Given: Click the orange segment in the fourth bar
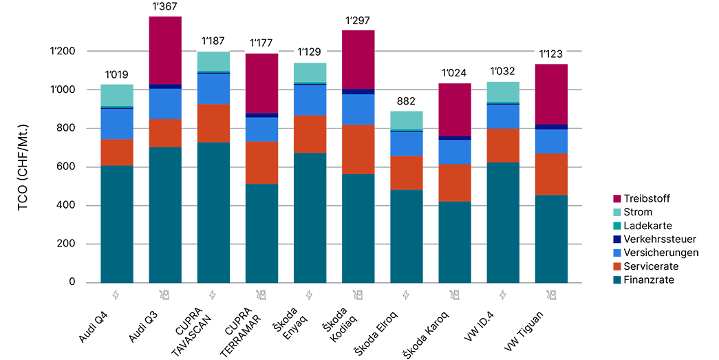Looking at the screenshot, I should tap(261, 162).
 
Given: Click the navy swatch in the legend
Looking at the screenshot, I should tap(608, 239).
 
